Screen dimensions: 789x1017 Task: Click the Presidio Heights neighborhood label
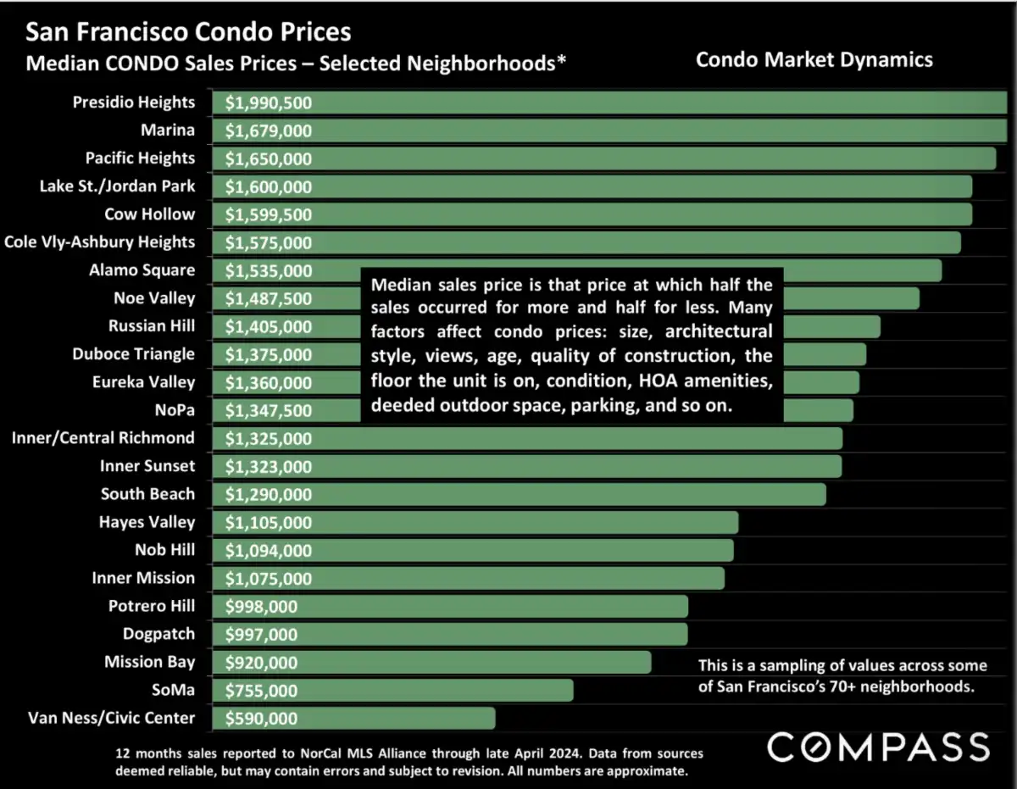(x=134, y=103)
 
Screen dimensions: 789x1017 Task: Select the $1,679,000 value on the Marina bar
(x=269, y=131)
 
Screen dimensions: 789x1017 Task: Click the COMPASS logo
(x=878, y=747)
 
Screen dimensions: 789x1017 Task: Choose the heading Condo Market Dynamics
(x=814, y=59)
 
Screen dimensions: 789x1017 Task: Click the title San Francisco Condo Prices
(x=188, y=32)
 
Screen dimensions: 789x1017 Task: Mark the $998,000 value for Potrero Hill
(x=262, y=607)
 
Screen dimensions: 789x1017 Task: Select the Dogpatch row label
(x=158, y=634)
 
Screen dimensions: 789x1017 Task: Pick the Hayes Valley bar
(x=475, y=523)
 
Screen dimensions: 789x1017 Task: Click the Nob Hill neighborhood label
(x=164, y=550)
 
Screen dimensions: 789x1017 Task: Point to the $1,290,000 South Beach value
(x=269, y=495)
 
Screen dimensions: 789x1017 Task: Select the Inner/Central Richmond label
(x=103, y=438)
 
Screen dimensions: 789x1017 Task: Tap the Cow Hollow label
(x=149, y=214)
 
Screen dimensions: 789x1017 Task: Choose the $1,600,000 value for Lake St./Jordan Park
(x=269, y=187)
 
